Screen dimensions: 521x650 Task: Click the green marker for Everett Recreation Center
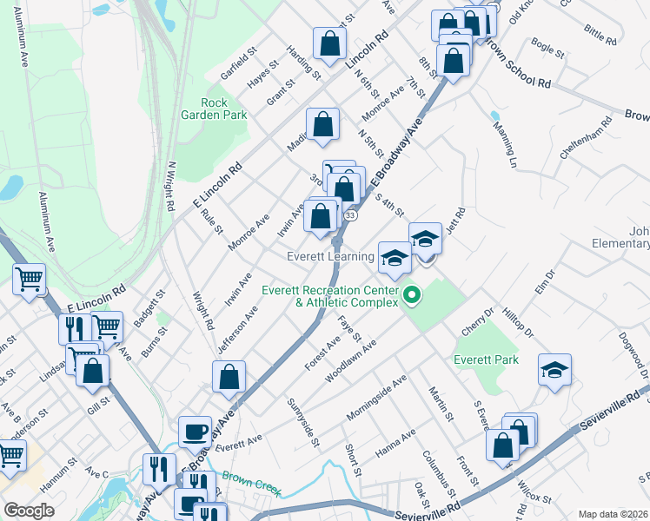[x=412, y=297]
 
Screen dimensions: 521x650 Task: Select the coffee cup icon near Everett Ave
[x=195, y=431]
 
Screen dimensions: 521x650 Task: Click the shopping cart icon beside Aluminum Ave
[x=29, y=280]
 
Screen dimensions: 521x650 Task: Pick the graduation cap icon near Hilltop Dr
[x=554, y=370]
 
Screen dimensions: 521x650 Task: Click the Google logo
[x=29, y=511]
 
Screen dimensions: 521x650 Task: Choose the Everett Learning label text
[x=331, y=257]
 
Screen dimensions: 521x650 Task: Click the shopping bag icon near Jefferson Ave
[x=229, y=377]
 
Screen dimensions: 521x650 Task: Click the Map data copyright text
[x=613, y=513]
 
